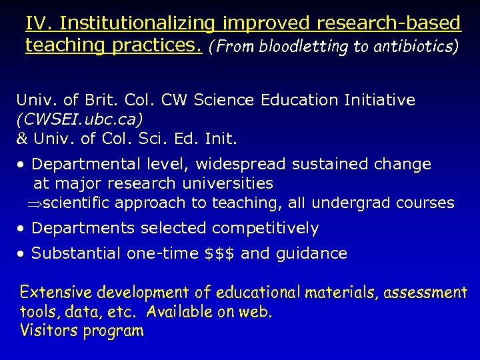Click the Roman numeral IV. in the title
click(x=39, y=24)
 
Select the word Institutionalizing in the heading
click(x=136, y=24)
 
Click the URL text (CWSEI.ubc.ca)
click(x=79, y=120)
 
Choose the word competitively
click(x=265, y=229)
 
